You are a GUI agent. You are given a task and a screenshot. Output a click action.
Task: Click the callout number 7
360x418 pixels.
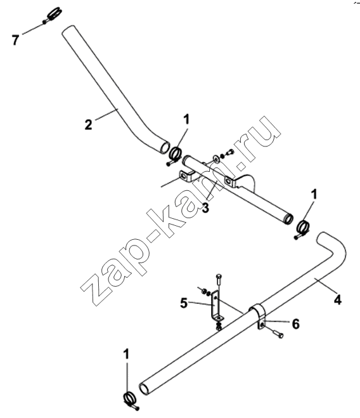click(16, 40)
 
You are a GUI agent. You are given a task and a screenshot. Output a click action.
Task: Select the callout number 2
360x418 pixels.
click(89, 124)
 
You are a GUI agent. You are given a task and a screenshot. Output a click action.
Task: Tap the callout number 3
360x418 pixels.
click(205, 207)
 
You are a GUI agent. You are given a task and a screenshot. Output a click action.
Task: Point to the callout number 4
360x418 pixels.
click(337, 300)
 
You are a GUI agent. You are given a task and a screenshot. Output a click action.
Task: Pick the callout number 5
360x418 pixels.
click(184, 303)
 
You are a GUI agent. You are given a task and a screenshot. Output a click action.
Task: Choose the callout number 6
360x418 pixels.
click(295, 324)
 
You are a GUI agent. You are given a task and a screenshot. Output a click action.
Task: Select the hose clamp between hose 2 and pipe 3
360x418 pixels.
click(174, 155)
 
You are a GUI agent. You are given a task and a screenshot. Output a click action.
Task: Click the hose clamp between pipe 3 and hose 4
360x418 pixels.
click(302, 228)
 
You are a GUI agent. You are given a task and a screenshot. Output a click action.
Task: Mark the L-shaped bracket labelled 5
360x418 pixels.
click(216, 306)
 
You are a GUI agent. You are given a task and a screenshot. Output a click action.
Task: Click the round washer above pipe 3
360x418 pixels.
click(216, 159)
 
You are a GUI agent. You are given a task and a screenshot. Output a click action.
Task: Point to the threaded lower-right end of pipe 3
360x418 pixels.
click(288, 218)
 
